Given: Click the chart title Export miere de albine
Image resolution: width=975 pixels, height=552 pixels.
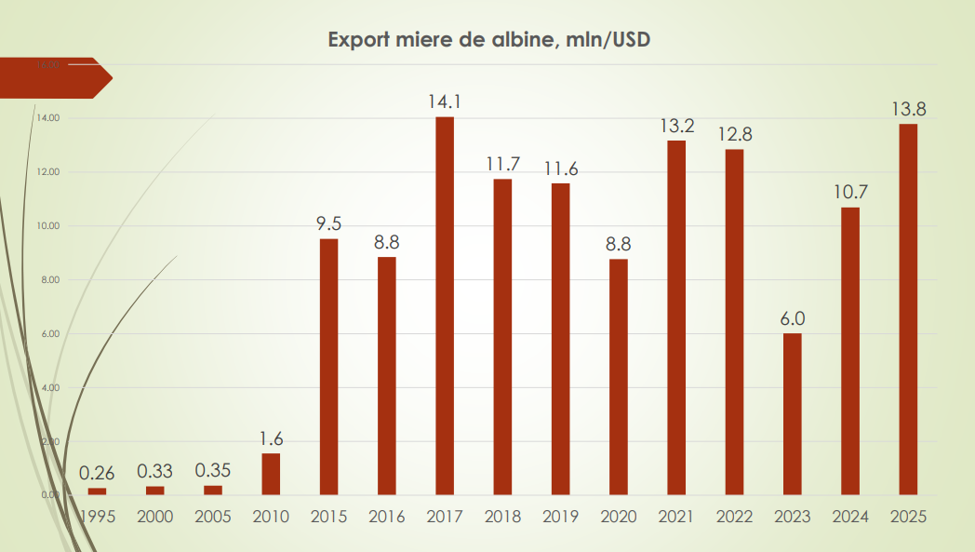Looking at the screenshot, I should coord(487,40).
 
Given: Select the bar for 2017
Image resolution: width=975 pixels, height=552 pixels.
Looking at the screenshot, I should coord(445,305).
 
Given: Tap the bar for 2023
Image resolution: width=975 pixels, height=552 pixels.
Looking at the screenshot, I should coord(792,413).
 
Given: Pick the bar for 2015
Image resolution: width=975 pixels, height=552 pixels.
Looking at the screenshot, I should coord(328,367).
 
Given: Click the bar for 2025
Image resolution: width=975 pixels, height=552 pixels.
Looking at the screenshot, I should coord(908,309).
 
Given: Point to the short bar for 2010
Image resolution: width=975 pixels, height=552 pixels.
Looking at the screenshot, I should coord(271,474).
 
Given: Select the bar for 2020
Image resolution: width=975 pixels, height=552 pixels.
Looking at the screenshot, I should coord(619,376).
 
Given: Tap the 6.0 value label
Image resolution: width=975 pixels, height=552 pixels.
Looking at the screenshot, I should coord(793,318).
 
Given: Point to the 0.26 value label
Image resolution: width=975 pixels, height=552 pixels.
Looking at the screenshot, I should coord(97,473).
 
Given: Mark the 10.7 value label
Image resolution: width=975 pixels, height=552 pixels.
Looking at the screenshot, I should coord(850,193).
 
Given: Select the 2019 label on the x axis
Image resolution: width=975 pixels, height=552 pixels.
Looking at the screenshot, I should coord(561,517).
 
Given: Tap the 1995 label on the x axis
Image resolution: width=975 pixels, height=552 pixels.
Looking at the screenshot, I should coord(98,517).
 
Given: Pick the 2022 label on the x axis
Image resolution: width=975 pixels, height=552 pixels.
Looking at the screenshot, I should coord(735,517).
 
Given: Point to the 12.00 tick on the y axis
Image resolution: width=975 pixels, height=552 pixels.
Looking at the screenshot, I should coord(48,172).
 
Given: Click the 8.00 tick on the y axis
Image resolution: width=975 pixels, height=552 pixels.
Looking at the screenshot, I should coord(48,280).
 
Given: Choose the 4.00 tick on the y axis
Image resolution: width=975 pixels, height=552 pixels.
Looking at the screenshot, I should coord(48,387).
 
